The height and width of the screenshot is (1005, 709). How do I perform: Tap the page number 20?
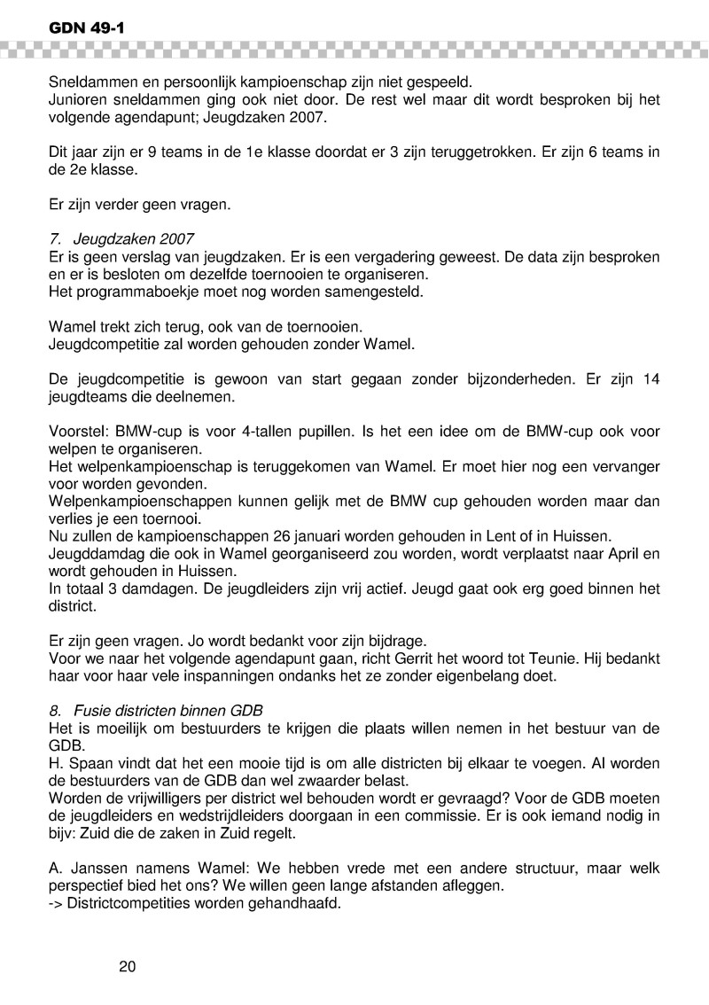click(x=127, y=965)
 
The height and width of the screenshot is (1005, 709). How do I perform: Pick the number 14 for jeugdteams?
click(x=651, y=381)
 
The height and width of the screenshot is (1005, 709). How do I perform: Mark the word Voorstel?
click(x=78, y=432)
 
